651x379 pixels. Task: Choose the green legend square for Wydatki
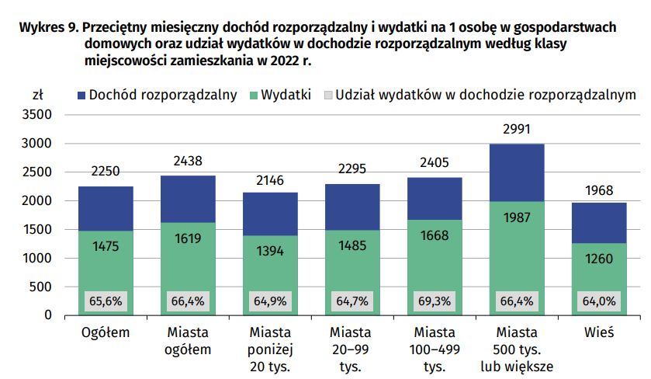[252, 96]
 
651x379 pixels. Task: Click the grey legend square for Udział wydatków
[327, 96]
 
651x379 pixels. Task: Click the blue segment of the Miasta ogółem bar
[188, 199]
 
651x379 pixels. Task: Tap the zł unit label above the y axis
[37, 95]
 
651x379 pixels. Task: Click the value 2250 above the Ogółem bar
[106, 172]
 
